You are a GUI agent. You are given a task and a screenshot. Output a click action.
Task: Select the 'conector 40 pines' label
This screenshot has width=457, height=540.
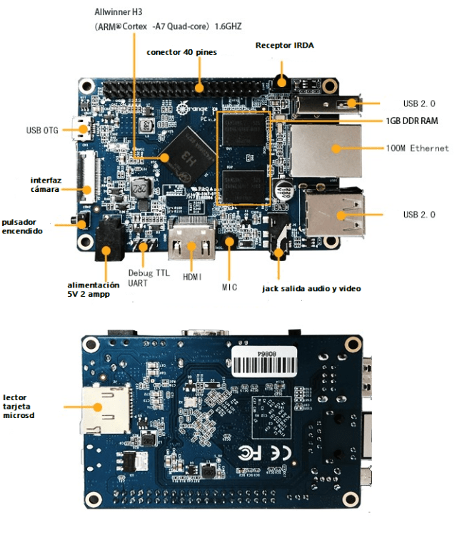click(181, 52)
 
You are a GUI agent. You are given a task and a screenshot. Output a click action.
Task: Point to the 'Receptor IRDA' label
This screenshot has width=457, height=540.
click(284, 45)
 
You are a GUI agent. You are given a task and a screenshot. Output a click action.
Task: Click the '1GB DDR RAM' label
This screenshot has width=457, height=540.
click(412, 121)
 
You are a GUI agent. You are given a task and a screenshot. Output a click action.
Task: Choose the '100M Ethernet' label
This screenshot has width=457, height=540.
click(417, 148)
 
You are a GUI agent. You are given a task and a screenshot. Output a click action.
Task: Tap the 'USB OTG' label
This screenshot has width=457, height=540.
click(42, 131)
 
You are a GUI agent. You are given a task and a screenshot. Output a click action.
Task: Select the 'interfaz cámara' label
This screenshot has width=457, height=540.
click(44, 184)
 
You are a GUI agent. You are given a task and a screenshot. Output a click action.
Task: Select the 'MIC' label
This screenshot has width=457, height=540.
click(229, 287)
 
